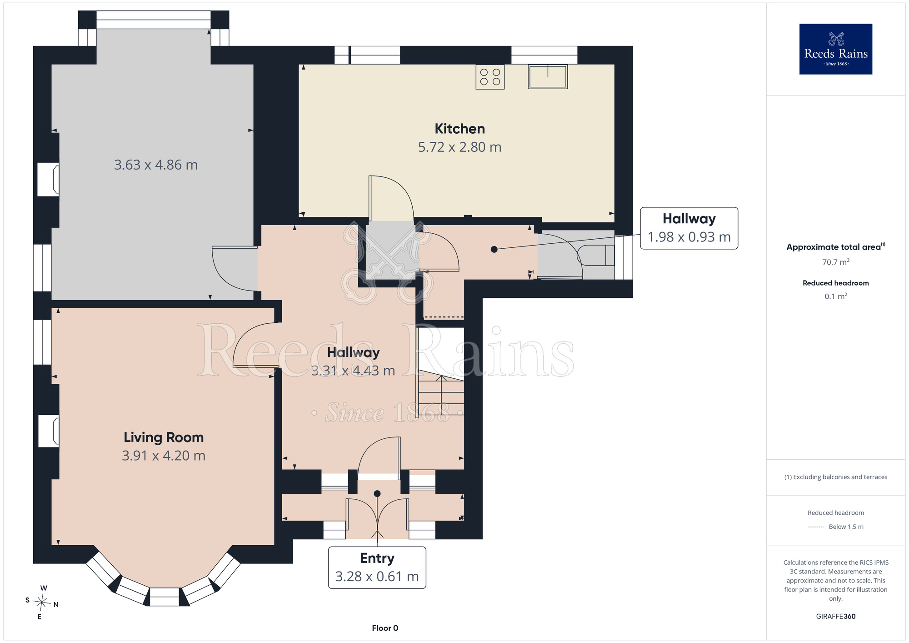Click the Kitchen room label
[x=459, y=129]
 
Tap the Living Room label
[x=164, y=437]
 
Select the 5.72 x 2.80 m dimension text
[x=459, y=147]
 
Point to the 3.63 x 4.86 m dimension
[x=156, y=165]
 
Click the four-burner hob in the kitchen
[x=490, y=77]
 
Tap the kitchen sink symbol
[x=548, y=76]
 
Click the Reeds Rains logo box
[x=836, y=49]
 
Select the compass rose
[x=42, y=603]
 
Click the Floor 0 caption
[x=385, y=628]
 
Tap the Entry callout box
[x=377, y=568]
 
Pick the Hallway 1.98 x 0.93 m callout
[x=689, y=228]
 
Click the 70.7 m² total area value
[x=836, y=262]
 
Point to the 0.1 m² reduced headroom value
[x=836, y=296]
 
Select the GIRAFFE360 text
[x=836, y=617]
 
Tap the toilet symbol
[x=596, y=255]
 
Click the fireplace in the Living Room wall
[x=49, y=431]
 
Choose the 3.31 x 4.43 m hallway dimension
[x=353, y=371]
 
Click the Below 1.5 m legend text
[x=846, y=527]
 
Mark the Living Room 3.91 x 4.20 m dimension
[x=164, y=456]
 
